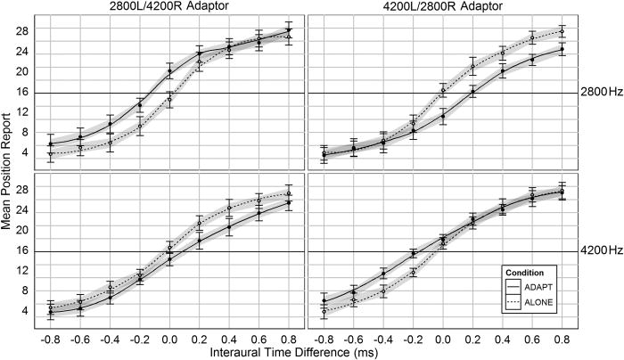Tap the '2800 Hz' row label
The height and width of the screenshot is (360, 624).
click(x=599, y=92)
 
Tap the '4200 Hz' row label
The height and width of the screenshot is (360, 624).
click(x=599, y=250)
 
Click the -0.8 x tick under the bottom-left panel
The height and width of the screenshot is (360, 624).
click(x=51, y=339)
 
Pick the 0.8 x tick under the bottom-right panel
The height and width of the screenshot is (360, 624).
click(x=562, y=339)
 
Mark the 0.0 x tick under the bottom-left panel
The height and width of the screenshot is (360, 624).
click(x=169, y=339)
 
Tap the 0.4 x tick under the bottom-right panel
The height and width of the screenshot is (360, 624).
click(x=502, y=339)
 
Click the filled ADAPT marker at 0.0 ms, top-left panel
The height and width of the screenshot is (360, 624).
click(x=169, y=71)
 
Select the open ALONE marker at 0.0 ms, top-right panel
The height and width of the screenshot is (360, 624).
click(x=443, y=90)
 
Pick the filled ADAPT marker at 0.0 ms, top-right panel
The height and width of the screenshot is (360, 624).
click(x=443, y=116)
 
